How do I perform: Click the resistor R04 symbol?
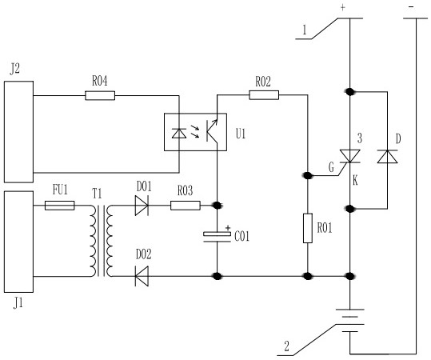(100, 96)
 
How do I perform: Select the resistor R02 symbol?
(264, 95)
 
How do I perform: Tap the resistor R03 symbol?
(186, 206)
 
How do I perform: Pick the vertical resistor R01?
(308, 228)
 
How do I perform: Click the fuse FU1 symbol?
(60, 206)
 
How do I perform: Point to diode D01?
(142, 206)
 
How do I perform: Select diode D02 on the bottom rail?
(142, 276)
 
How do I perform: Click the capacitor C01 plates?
(217, 237)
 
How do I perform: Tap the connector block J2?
(18, 132)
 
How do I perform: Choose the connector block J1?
(18, 242)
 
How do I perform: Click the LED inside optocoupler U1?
(179, 134)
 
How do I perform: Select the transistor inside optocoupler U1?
(212, 131)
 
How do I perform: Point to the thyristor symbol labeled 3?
(350, 156)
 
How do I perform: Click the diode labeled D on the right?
(387, 157)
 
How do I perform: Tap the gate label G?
(331, 167)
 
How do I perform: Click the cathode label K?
(355, 181)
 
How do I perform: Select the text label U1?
(241, 134)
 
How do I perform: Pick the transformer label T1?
(97, 194)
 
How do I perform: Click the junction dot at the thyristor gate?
(307, 175)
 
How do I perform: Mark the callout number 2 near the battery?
(287, 346)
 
